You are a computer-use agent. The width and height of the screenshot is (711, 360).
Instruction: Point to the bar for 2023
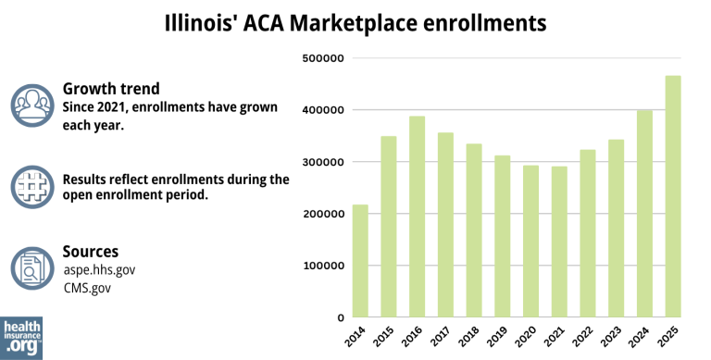[x=616, y=228]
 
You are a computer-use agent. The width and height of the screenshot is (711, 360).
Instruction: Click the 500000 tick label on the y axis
[x=323, y=58]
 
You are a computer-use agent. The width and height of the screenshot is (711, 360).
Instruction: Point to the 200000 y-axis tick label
[x=323, y=214]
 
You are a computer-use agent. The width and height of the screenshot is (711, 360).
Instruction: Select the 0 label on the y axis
[x=341, y=317]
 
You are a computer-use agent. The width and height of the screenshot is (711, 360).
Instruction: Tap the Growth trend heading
[x=110, y=89]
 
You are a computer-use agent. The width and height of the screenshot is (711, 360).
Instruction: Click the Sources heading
[x=90, y=252]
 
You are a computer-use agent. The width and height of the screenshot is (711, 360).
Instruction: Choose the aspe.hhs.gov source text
[x=98, y=269]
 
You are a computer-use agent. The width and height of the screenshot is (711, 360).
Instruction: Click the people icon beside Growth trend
[x=32, y=105]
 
